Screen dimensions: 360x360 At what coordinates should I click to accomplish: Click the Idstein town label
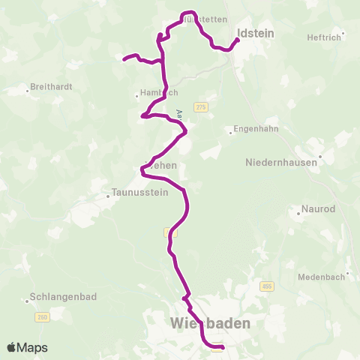[x=256, y=33]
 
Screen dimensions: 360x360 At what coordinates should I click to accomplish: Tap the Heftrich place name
[x=323, y=37]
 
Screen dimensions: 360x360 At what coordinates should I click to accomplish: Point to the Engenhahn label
[x=256, y=129]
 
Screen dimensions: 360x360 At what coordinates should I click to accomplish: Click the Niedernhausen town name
[x=282, y=162]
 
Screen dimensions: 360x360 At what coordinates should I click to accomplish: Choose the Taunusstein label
[x=139, y=191]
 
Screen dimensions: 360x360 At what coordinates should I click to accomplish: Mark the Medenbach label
[x=321, y=277]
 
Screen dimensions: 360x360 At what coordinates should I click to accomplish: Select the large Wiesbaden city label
[x=209, y=323]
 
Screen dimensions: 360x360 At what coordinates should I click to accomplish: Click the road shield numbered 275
[x=200, y=107]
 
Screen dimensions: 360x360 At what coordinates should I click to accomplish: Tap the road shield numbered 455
[x=267, y=286]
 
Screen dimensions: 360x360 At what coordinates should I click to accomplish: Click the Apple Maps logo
[x=27, y=347]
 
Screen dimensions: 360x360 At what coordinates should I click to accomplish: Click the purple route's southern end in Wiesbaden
[x=223, y=346]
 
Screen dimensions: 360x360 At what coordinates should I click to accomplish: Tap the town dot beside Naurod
[x=298, y=213]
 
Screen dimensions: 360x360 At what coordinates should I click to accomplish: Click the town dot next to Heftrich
[x=343, y=33]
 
